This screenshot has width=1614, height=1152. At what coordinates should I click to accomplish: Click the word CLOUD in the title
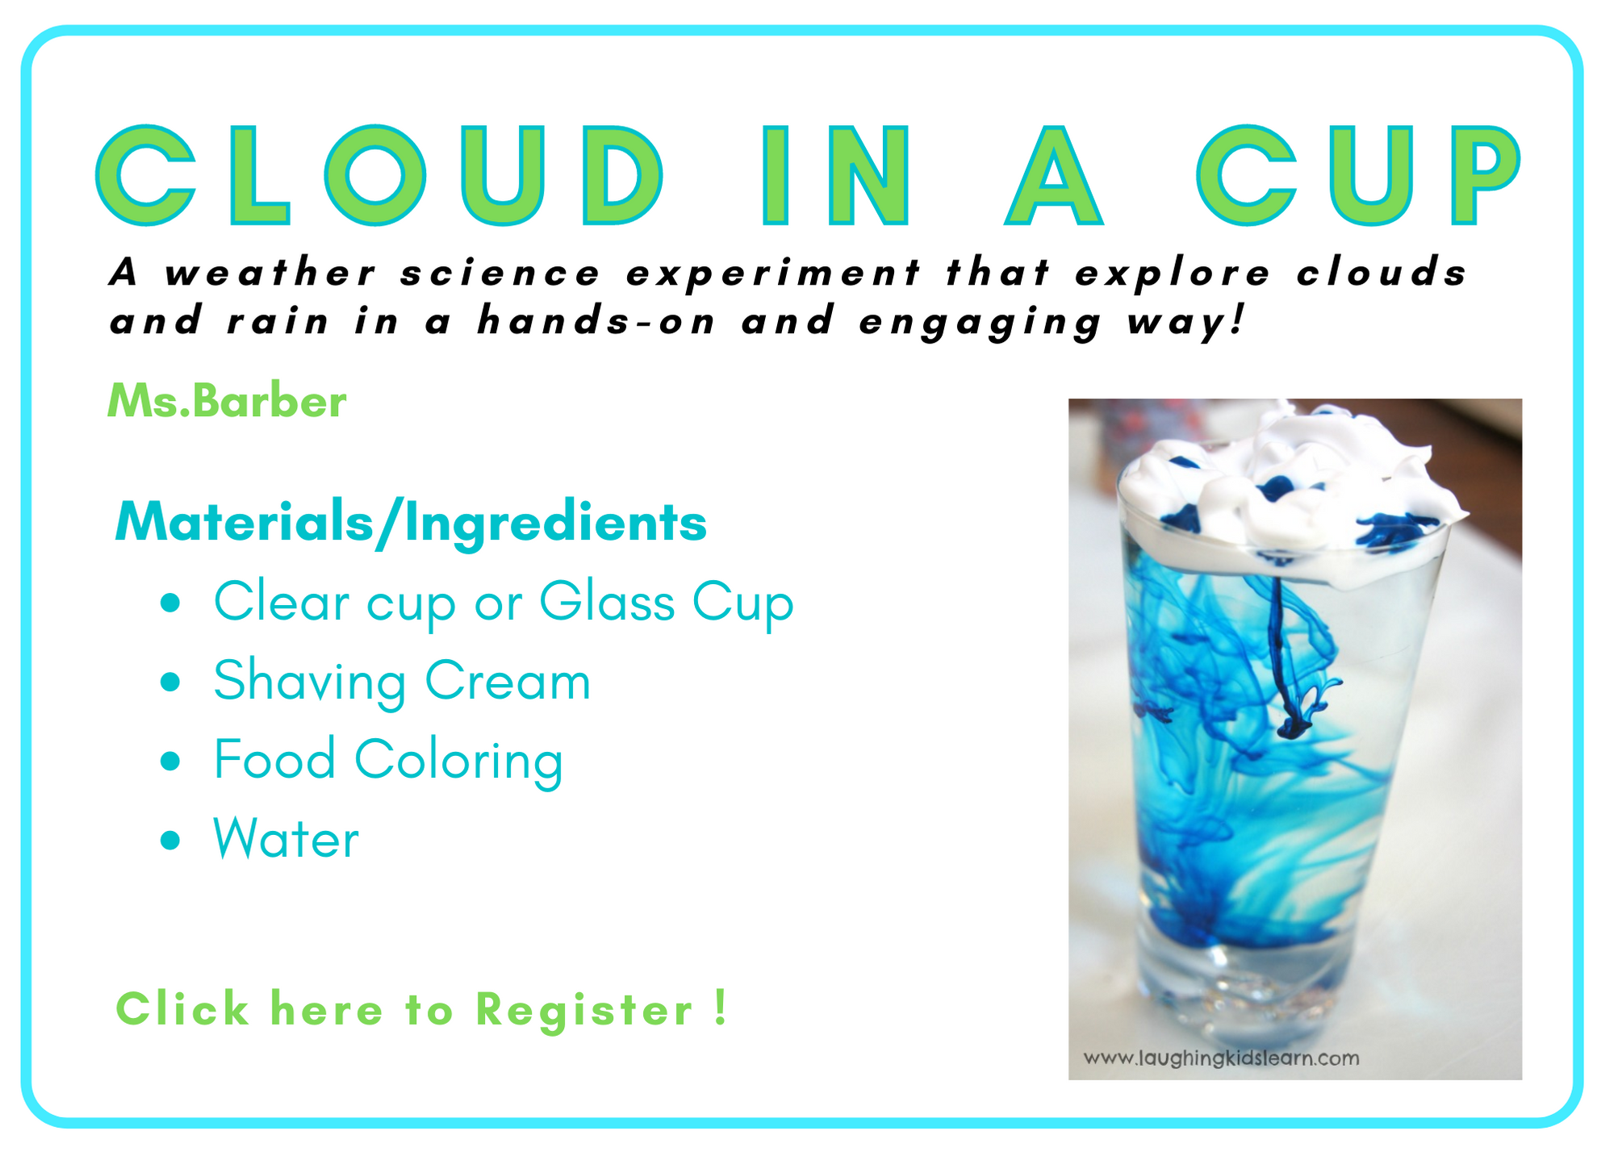pyautogui.click(x=380, y=175)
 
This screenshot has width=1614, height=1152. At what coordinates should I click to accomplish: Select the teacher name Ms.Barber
pyautogui.click(x=227, y=401)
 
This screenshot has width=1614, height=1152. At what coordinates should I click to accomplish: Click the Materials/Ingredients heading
pyautogui.click(x=411, y=524)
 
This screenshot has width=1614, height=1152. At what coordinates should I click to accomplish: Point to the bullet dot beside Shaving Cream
pyautogui.click(x=170, y=682)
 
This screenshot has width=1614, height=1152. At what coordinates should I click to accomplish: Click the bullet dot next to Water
pyautogui.click(x=170, y=840)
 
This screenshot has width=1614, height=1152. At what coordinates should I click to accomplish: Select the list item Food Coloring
pyautogui.click(x=388, y=761)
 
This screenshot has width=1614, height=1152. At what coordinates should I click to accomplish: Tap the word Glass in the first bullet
pyautogui.click(x=606, y=602)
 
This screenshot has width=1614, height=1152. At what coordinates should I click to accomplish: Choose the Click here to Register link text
pyautogui.click(x=422, y=1009)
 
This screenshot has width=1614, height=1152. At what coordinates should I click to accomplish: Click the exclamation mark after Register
pyautogui.click(x=721, y=1008)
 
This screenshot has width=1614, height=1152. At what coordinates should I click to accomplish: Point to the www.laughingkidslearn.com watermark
pyautogui.click(x=1221, y=1058)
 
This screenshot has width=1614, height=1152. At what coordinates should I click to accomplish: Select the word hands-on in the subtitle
pyautogui.click(x=596, y=320)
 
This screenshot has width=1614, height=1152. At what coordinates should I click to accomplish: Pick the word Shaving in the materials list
pyautogui.click(x=310, y=682)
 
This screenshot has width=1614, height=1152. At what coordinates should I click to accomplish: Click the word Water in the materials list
pyautogui.click(x=286, y=839)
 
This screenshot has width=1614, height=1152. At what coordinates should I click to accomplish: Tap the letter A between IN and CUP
pyautogui.click(x=1054, y=175)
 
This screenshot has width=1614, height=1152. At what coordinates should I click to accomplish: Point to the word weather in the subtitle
pyautogui.click(x=270, y=273)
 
